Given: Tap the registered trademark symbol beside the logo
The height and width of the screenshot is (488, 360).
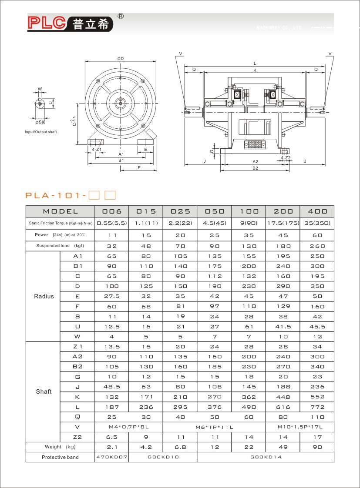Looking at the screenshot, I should coord(121,16).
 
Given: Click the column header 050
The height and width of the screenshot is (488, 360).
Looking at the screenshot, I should coord(214,211).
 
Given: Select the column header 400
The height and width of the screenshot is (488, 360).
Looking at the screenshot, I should coord(317,211).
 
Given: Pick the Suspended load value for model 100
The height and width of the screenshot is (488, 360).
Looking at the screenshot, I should coord(249,246).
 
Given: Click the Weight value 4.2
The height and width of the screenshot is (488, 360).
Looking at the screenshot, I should coord(146,447).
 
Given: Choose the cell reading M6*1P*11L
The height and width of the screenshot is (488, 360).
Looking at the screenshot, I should coord(214,427).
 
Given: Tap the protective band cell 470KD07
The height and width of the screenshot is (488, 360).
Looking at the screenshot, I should coord(111,458).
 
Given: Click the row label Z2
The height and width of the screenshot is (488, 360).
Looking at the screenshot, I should coord(77,437).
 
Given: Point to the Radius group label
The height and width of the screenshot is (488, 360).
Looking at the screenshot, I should coord(44,296).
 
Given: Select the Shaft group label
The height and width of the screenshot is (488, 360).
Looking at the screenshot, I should coord(44,391).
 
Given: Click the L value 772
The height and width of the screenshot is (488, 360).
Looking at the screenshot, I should coord(317,407).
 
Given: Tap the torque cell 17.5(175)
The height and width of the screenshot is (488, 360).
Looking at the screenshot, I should coord(283,223).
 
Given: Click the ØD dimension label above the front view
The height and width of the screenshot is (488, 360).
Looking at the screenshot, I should coord(120,59).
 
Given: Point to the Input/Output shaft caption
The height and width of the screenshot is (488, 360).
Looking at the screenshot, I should coord(41,132).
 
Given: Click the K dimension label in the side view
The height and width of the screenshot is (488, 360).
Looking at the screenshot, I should coord(255,70).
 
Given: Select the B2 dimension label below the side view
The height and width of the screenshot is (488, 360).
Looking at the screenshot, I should coord(255,168).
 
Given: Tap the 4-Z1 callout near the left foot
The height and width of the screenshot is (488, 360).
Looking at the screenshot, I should coord(97,149).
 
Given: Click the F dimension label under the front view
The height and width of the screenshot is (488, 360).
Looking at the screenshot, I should coord(138,167).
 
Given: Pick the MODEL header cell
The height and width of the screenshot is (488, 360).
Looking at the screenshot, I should coord(60,211).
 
